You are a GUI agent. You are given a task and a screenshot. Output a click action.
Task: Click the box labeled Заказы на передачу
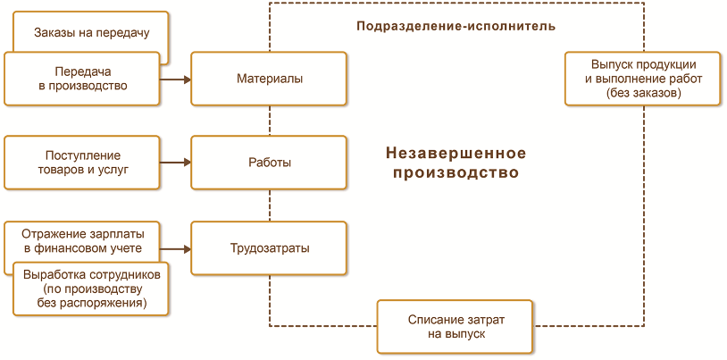point(90,33)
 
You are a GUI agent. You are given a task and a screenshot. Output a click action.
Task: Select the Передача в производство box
point(82,79)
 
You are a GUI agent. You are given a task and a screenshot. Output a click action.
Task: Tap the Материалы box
point(269,79)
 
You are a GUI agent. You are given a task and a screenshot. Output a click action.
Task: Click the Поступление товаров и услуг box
point(82,163)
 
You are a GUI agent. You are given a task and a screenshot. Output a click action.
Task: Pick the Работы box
point(269,163)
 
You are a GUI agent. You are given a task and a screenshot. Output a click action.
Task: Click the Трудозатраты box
point(269,248)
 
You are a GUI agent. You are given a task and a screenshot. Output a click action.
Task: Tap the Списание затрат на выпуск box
point(455,325)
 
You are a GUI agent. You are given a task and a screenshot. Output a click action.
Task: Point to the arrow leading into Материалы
point(176,80)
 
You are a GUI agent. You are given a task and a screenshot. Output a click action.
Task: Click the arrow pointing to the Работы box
point(176,163)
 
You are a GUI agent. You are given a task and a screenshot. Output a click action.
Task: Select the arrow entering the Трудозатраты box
point(176,248)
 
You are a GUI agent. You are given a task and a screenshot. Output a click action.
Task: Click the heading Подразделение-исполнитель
point(455,26)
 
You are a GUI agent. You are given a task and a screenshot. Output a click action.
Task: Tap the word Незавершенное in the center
point(455,153)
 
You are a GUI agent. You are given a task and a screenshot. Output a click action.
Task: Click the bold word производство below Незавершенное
point(455,172)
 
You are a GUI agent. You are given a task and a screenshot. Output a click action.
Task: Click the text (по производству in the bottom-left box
point(92,289)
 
